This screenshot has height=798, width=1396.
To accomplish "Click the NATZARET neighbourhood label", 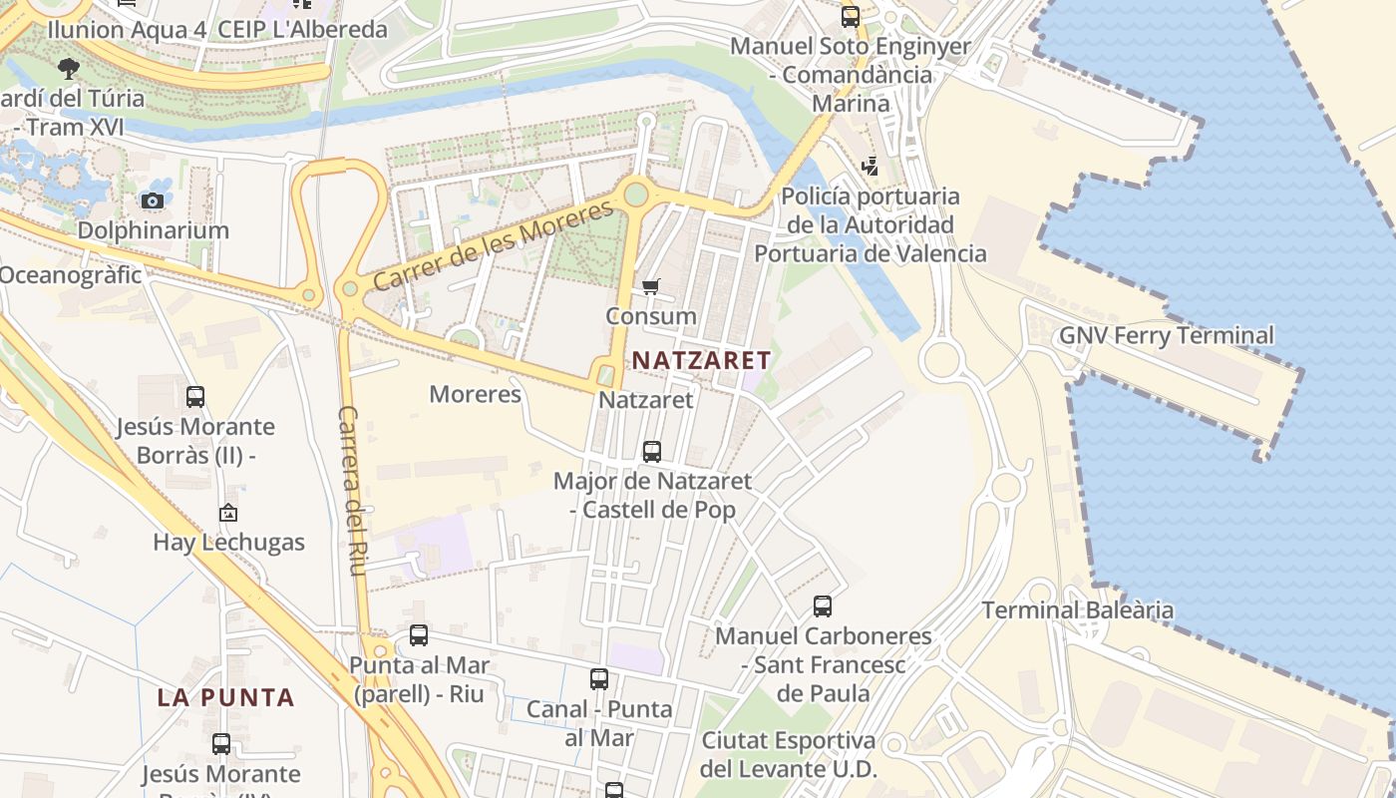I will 702,360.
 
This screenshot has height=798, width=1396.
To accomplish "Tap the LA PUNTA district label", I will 225,697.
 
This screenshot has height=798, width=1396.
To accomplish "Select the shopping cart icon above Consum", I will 651,287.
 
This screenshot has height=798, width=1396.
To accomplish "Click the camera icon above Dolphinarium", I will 153,201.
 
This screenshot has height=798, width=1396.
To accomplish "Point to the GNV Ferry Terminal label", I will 1166,335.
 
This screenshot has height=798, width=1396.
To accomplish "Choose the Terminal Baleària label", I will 1077,609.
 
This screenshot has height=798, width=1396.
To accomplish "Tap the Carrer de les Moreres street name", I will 494,245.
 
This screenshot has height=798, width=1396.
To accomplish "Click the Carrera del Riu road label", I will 354,490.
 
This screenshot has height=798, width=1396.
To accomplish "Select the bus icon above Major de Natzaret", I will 652,452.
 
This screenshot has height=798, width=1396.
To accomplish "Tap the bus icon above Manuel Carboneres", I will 823,606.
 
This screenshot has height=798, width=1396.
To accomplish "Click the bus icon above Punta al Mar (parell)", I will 419,635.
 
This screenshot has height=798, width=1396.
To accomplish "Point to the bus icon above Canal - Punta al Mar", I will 599,679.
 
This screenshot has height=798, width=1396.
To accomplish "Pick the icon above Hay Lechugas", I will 228,514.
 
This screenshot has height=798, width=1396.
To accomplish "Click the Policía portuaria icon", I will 871,167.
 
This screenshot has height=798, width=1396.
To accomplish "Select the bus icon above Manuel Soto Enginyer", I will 851,16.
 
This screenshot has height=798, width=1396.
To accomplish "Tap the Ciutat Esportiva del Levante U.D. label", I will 788,755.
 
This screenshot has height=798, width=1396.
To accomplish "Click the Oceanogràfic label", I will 71,274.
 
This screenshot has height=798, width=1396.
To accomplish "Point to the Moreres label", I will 475,394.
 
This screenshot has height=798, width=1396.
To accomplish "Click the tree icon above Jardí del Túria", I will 69,69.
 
